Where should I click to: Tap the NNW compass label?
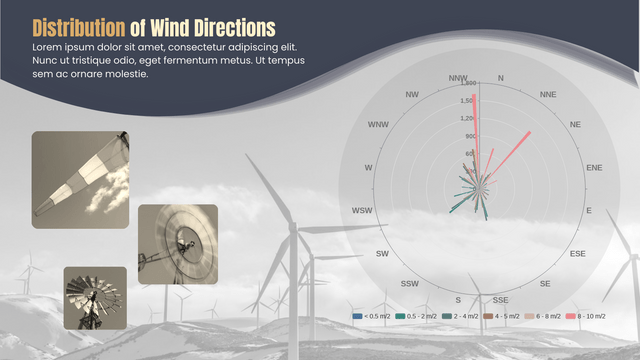pos(458,77)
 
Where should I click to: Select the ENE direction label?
pos(594,167)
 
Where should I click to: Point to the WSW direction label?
pos(361,210)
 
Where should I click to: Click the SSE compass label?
pos(500,299)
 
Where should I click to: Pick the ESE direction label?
pos(577,254)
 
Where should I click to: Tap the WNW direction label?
pos(378,124)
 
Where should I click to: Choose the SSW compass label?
pos(410,284)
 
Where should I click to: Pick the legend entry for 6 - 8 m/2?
pos(544,316)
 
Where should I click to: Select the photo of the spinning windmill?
pos(178,244)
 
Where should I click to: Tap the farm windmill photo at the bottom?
pos(95,297)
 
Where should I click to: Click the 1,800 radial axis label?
pos(469,84)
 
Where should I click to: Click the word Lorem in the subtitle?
pos(48,48)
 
